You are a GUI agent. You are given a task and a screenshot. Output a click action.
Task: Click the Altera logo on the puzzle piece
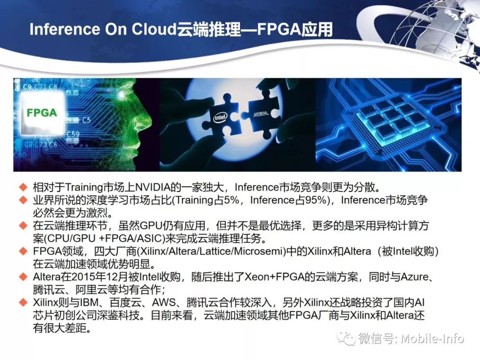tap(261, 114)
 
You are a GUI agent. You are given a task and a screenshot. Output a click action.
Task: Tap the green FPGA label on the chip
tap(42, 112)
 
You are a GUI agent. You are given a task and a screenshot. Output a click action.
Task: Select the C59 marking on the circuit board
tap(73, 134)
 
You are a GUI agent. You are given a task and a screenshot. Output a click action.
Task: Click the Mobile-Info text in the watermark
tap(432, 339)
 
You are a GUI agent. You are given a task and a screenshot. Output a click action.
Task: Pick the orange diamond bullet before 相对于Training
tap(23, 187)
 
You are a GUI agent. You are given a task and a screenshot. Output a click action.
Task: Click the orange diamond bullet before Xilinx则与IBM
tap(23, 302)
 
